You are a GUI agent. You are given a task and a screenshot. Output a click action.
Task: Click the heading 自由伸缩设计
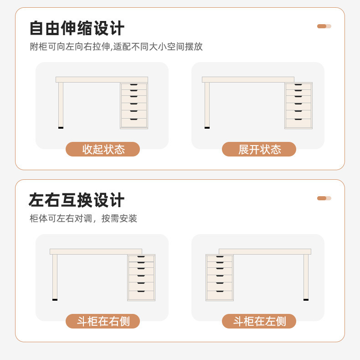click(77, 28)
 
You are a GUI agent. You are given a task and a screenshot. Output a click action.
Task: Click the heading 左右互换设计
click(77, 200)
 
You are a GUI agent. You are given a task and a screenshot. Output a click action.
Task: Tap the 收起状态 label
click(103, 149)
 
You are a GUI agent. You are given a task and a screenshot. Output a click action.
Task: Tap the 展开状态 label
click(259, 149)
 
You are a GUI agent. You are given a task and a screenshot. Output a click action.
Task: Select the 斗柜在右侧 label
click(103, 321)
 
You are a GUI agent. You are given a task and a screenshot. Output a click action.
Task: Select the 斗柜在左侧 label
click(259, 321)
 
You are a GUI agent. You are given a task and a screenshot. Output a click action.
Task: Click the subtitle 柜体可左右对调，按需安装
click(83, 219)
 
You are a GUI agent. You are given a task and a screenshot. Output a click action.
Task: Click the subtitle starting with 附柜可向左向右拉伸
click(116, 47)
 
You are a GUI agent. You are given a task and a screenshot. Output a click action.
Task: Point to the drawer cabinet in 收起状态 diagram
click(134, 105)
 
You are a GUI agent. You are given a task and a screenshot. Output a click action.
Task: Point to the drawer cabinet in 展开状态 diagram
click(298, 105)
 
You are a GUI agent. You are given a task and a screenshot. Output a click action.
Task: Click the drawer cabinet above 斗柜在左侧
click(220, 277)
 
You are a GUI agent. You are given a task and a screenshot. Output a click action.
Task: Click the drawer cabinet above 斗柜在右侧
click(141, 277)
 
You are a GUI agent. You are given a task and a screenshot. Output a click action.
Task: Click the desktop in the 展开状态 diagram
click(248, 79)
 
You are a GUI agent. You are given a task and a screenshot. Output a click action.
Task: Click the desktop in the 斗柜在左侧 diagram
click(265, 251)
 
